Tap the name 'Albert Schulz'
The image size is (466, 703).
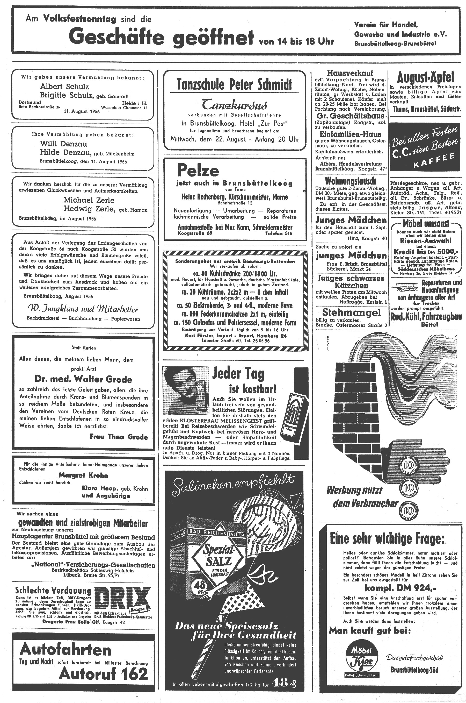click(64, 87)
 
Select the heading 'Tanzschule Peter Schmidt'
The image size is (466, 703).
click(234, 84)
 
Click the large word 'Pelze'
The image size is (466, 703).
click(198, 171)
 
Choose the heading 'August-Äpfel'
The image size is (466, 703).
click(426, 78)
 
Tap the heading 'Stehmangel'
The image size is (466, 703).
click(351, 313)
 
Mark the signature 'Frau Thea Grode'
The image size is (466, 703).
click(119, 437)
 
